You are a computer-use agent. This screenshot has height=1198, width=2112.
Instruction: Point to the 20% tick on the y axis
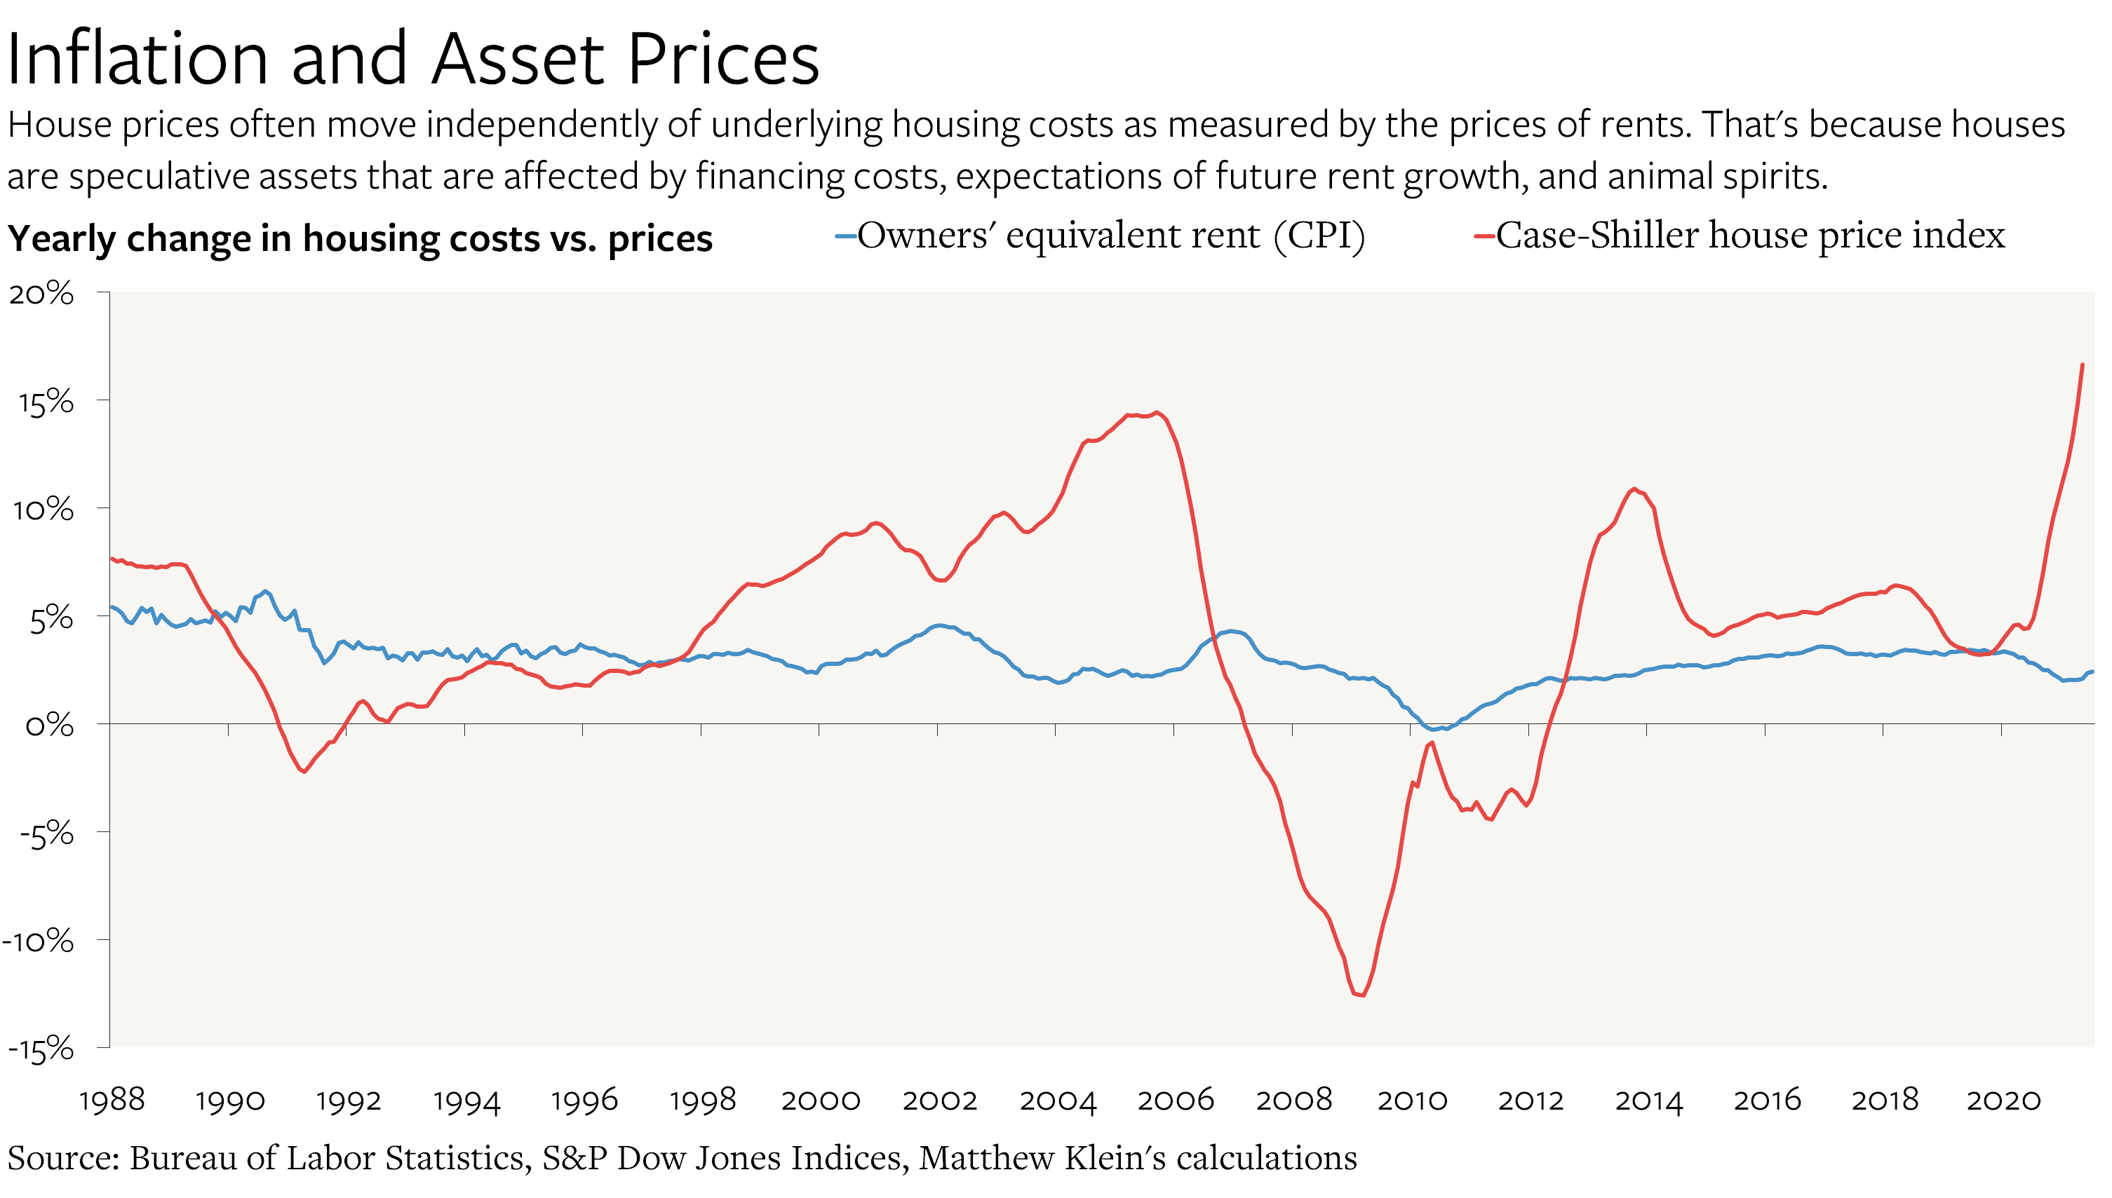[x=41, y=294]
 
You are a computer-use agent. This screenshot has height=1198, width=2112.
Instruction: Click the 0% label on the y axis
[x=48, y=726]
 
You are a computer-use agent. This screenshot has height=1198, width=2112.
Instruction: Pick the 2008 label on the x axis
[x=1293, y=1100]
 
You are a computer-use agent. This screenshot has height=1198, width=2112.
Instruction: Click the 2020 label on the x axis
[x=2003, y=1100]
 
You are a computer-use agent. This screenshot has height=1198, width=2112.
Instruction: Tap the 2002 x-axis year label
[x=939, y=1100]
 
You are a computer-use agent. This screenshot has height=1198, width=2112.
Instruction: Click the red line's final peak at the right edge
[x=2082, y=365]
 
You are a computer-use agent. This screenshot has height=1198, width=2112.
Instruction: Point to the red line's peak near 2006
[x=1157, y=412]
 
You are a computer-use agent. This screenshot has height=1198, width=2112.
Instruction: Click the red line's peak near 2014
[x=1634, y=489]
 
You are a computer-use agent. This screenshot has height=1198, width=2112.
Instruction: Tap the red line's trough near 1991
[x=304, y=771]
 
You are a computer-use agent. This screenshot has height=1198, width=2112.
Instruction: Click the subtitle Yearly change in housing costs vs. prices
[x=360, y=238]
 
